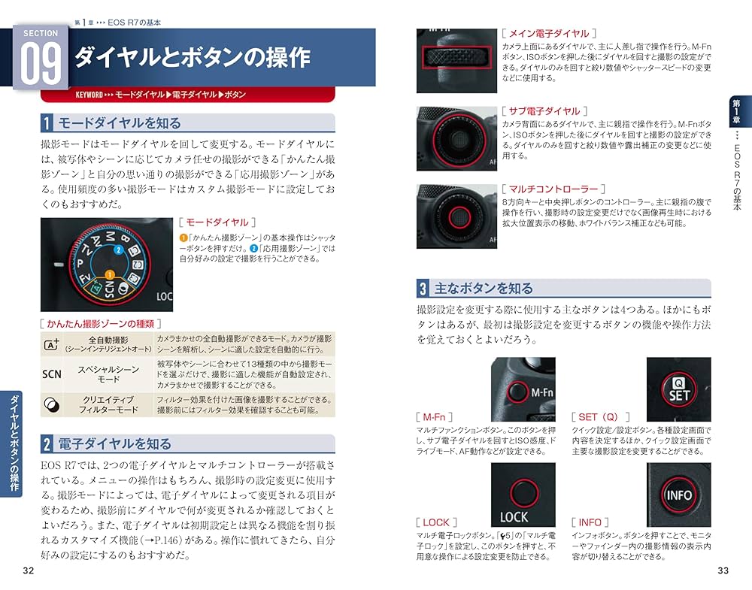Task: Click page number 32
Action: coord(29,570)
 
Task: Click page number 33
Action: coord(723,570)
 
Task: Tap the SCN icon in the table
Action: coord(51,374)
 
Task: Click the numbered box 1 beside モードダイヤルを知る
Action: coord(47,123)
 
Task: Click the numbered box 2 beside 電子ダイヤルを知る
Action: coord(47,443)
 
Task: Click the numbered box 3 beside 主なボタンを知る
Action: coord(424,288)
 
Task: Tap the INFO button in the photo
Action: coord(678,495)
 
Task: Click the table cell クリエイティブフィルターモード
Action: coord(109,404)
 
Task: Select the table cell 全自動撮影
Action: coord(109,344)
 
